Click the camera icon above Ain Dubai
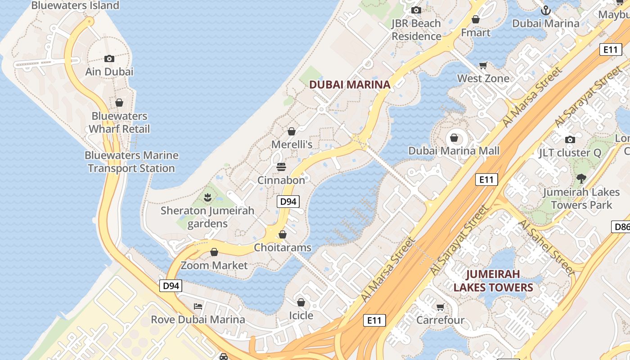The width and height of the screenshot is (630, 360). (109, 58)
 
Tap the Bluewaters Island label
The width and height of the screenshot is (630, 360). (75, 5)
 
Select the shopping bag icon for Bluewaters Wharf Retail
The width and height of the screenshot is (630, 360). (119, 103)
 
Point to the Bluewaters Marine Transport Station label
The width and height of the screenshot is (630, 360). (131, 162)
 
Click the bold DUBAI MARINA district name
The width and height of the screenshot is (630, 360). (350, 85)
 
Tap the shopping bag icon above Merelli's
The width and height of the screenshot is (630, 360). (292, 131)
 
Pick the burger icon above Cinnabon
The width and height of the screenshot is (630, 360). (281, 167)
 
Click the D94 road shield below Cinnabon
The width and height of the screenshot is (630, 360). (288, 202)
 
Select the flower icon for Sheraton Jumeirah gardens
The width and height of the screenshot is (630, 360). (207, 197)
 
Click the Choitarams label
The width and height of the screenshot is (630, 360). (283, 247)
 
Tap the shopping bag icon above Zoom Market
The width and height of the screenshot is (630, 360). (214, 252)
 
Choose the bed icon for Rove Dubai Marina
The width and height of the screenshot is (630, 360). (198, 306)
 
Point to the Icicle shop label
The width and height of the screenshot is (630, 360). (301, 315)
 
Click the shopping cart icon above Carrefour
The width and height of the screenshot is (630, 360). (440, 307)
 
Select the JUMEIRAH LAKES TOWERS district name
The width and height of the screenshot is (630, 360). (493, 281)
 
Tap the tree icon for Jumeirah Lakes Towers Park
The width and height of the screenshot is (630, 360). (581, 178)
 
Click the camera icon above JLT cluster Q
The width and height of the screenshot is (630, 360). (570, 139)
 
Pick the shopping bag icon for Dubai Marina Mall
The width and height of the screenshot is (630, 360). (454, 137)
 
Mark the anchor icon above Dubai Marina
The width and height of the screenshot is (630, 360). (545, 10)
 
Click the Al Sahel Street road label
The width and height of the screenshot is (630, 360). (546, 247)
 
